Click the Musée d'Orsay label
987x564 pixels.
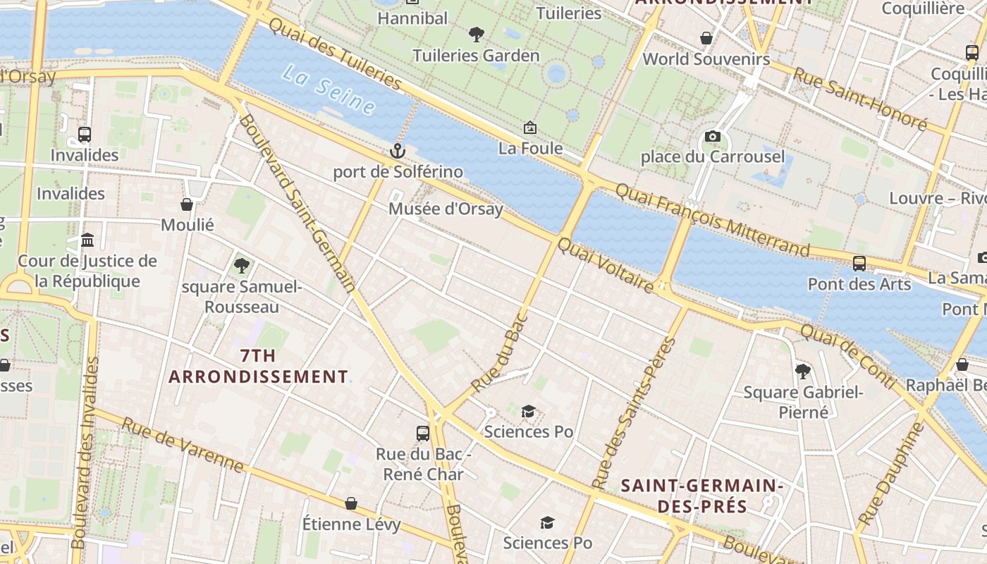(446, 209)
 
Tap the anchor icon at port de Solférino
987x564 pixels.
(398, 151)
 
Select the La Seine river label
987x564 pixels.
(329, 90)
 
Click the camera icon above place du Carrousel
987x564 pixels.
(712, 136)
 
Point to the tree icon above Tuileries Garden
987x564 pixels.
(477, 34)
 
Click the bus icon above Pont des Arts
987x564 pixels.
(859, 264)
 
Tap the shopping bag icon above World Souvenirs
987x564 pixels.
(706, 38)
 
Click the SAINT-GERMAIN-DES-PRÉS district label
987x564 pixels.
(702, 496)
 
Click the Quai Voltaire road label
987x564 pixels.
(606, 264)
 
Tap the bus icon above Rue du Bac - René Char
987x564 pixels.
(423, 434)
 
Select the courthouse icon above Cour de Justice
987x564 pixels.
(87, 240)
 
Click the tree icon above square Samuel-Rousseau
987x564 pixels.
(241, 266)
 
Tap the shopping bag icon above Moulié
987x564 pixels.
(187, 204)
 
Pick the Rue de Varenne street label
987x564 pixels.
(183, 445)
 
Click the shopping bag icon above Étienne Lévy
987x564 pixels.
(350, 503)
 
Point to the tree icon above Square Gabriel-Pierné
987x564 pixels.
(802, 372)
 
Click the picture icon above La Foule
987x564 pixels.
(530, 128)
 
